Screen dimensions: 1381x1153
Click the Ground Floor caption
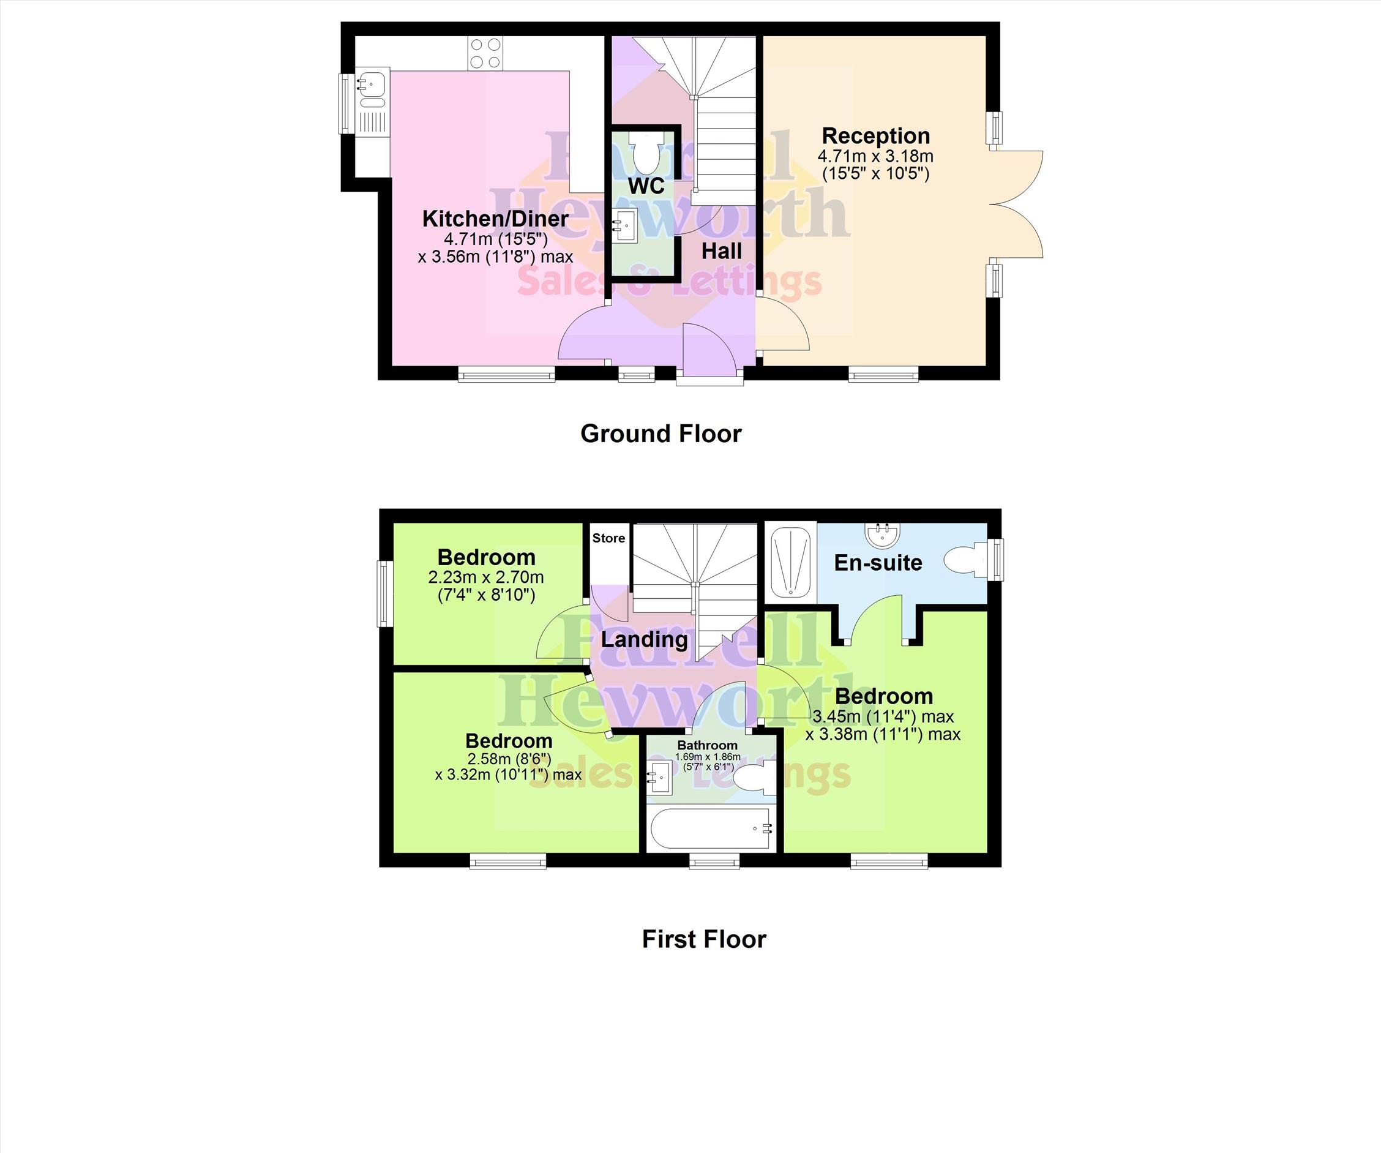661,434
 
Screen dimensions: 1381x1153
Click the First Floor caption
705,939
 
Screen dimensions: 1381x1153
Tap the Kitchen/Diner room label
495,219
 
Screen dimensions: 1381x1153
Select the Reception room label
876,136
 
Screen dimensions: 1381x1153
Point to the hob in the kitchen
485,53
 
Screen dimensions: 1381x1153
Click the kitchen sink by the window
373,100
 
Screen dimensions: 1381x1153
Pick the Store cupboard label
608,538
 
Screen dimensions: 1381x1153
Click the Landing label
645,639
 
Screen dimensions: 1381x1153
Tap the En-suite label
878,563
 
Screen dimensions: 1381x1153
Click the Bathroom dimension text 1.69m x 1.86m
708,757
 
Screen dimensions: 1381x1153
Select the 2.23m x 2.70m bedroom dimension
486,577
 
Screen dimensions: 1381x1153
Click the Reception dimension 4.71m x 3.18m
875,157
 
